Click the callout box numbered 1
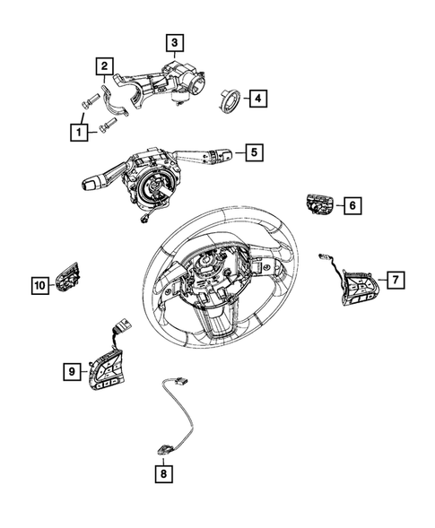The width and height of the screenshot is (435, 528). click(81, 132)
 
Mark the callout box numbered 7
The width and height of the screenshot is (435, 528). click(392, 280)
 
